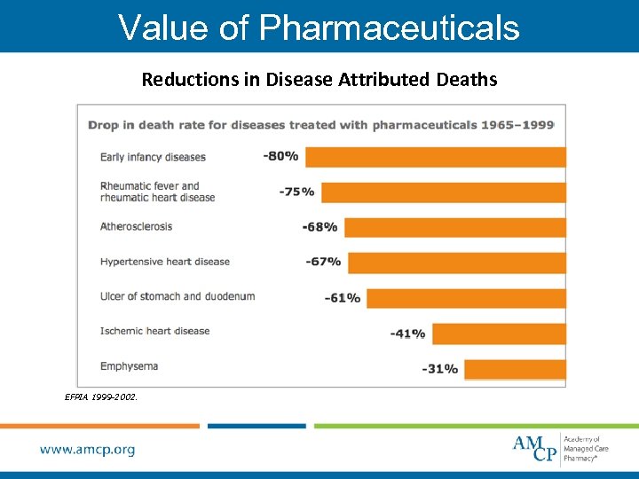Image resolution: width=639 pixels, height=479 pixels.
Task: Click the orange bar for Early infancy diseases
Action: (x=435, y=157)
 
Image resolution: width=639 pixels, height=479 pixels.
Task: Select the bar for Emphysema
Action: (x=515, y=369)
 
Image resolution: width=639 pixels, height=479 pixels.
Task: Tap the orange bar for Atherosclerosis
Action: (x=454, y=227)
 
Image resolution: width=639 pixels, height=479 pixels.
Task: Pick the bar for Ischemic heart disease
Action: (x=498, y=334)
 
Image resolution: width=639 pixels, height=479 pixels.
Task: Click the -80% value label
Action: (x=280, y=156)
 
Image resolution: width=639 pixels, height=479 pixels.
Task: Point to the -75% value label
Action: (x=296, y=192)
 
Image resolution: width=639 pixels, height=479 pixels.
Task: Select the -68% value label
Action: (x=319, y=227)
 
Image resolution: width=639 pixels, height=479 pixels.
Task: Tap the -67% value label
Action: (x=323, y=262)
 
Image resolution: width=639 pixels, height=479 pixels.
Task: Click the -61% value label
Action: (x=343, y=298)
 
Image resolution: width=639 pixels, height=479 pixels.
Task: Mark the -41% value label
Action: (x=407, y=334)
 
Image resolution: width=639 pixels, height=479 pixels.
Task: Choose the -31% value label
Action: (x=440, y=369)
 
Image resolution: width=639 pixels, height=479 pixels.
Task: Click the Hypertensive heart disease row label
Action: (x=165, y=262)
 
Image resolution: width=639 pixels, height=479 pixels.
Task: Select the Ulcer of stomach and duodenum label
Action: (x=177, y=296)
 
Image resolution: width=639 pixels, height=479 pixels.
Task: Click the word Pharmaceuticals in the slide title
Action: (x=389, y=27)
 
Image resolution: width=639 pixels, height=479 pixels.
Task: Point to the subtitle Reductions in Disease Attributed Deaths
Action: (x=319, y=80)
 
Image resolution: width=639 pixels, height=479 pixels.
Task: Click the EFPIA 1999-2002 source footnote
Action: (x=101, y=398)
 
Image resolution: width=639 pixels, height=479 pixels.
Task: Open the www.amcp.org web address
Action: (x=88, y=450)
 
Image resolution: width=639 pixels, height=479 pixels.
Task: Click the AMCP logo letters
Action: (x=535, y=448)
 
